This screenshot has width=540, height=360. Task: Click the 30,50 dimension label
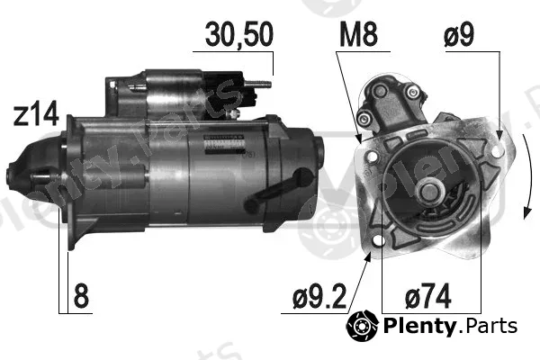pyautogui.click(x=239, y=34)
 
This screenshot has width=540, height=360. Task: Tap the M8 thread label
pyautogui.click(x=358, y=34)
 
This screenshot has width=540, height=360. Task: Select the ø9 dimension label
pyautogui.click(x=459, y=34)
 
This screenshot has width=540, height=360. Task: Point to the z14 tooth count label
pyautogui.click(x=36, y=114)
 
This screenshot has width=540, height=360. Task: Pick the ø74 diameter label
pyautogui.click(x=428, y=296)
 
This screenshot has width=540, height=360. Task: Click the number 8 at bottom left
pyautogui.click(x=81, y=296)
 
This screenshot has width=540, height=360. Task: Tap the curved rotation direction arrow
pyautogui.click(x=527, y=175)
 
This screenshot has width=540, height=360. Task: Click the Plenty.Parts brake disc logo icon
pyautogui.click(x=363, y=326)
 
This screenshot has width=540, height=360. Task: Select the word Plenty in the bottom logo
pyautogui.click(x=419, y=326)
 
